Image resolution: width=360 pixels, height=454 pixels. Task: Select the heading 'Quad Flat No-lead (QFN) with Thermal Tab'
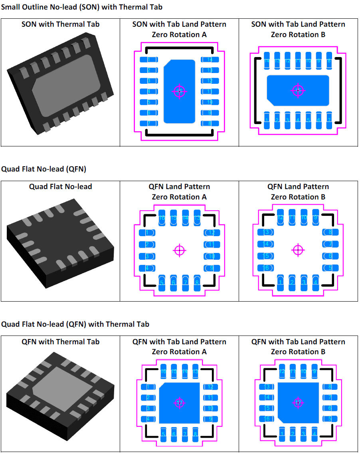point(75,324)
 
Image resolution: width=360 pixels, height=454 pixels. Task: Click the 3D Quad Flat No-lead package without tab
point(60,247)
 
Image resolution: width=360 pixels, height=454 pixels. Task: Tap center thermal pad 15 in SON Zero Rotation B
point(298,91)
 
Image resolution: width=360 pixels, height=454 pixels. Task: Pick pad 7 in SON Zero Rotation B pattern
point(329,120)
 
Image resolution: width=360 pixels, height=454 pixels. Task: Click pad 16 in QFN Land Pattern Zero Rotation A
point(162,217)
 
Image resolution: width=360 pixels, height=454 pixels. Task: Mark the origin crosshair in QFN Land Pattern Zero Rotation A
point(180,250)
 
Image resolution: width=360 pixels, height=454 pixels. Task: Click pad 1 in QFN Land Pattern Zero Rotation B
point(281,283)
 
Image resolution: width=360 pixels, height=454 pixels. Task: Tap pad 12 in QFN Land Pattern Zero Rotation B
point(281,217)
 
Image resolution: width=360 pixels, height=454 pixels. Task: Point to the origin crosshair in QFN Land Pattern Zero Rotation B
point(298,250)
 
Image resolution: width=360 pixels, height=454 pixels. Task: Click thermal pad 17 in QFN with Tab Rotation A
point(179,403)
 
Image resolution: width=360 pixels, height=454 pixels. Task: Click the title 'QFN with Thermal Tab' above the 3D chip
point(61,341)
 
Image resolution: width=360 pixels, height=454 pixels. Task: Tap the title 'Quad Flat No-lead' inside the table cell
point(61,186)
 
